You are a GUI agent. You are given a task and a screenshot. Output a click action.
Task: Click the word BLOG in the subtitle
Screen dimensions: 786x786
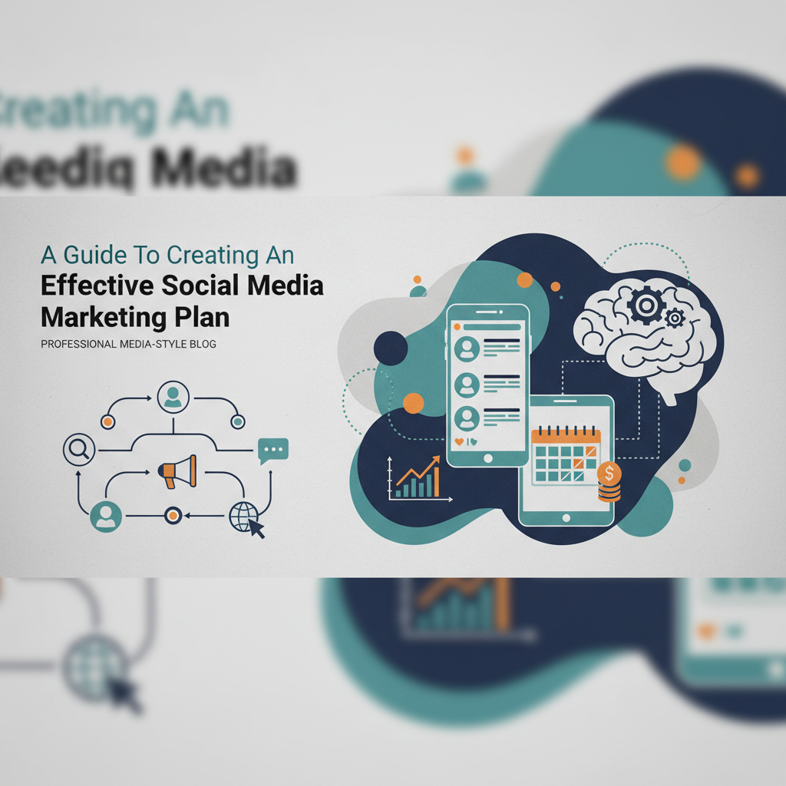click(x=203, y=345)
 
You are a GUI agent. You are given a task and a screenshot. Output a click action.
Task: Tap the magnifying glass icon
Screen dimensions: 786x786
click(x=78, y=450)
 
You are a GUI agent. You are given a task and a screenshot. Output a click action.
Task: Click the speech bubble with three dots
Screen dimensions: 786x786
click(x=273, y=449)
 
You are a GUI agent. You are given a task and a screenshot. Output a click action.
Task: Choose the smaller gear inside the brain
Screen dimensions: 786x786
click(x=674, y=318)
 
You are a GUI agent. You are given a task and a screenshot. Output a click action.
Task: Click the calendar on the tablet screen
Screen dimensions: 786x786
click(x=565, y=455)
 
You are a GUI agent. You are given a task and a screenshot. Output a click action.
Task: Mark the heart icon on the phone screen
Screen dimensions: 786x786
click(x=459, y=442)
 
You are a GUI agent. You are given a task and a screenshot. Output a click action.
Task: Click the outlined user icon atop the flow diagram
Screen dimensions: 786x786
click(x=173, y=396)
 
